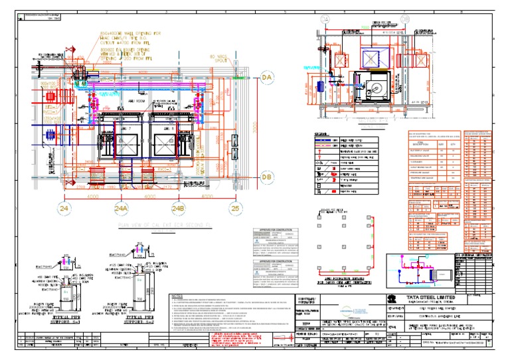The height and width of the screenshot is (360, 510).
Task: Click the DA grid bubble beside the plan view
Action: click(267, 78)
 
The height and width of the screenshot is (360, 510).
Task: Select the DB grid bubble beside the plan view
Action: click(267, 177)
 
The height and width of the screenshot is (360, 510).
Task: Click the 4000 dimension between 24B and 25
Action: click(207, 197)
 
